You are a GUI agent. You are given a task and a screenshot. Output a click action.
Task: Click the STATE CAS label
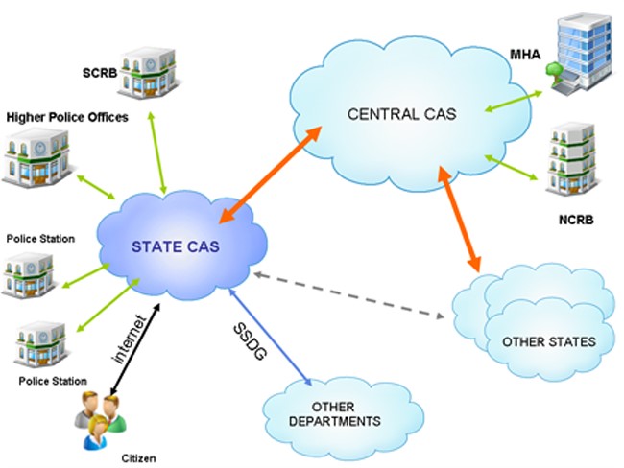[176, 246]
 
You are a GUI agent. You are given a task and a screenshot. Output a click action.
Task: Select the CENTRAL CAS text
[401, 114]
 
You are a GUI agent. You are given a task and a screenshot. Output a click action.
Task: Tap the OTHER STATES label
[549, 342]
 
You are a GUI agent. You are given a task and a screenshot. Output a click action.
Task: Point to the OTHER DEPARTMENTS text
[335, 414]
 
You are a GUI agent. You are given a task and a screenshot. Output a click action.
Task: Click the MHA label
[525, 54]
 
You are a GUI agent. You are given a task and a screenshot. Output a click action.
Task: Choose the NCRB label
[576, 220]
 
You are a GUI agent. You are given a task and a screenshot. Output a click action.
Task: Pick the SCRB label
[100, 73]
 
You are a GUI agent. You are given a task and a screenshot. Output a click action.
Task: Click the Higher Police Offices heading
[67, 117]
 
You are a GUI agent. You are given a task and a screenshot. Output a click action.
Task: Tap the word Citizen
[138, 458]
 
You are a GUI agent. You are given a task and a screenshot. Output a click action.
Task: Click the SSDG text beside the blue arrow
[250, 341]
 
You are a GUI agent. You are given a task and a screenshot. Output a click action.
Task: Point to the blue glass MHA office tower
[581, 54]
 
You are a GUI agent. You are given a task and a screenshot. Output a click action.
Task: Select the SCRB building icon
[147, 73]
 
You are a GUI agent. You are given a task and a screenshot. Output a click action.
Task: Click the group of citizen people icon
[100, 420]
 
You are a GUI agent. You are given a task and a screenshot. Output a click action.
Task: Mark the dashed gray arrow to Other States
[349, 295]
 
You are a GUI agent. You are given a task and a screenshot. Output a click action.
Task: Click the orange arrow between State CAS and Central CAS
[270, 175]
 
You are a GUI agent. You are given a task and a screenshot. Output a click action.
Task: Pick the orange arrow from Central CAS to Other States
[460, 219]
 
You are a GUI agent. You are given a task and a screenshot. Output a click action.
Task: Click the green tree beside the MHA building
[554, 71]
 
